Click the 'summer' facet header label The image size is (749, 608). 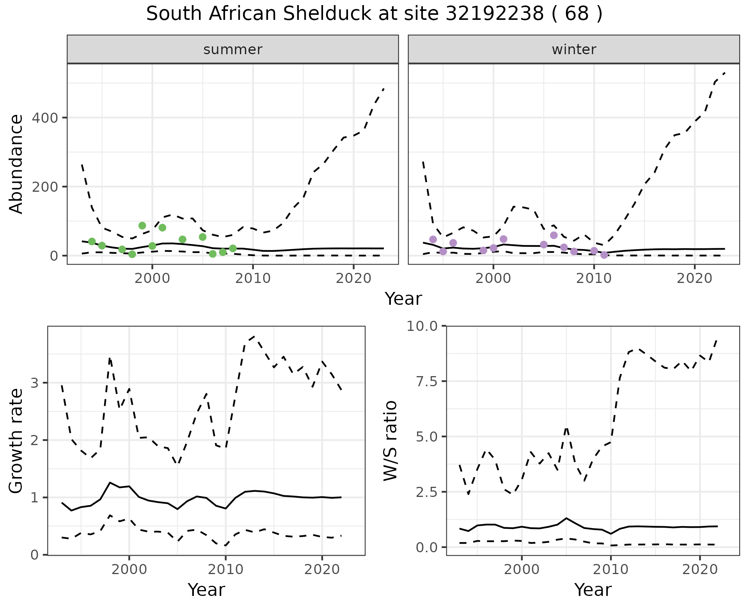tap(233, 50)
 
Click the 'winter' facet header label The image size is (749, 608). tap(574, 50)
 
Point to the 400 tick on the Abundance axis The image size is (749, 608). tap(44, 118)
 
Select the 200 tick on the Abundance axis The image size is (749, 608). tap(44, 187)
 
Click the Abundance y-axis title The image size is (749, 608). tap(16, 164)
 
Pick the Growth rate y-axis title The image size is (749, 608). tap(16, 440)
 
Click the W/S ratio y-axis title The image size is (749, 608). tap(390, 440)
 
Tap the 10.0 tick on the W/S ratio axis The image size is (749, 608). tap(422, 326)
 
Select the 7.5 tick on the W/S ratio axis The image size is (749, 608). tap(426, 381)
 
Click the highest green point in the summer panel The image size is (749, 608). tap(142, 226)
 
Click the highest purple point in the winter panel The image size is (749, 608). tap(554, 235)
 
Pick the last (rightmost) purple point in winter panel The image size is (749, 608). tap(604, 255)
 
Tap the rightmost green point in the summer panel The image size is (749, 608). tap(233, 248)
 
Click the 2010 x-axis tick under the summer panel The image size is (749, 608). tap(253, 279)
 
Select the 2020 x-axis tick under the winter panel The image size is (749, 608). tap(694, 279)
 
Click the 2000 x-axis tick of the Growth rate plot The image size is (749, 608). tap(129, 570)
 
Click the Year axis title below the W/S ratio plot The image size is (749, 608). tap(593, 590)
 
